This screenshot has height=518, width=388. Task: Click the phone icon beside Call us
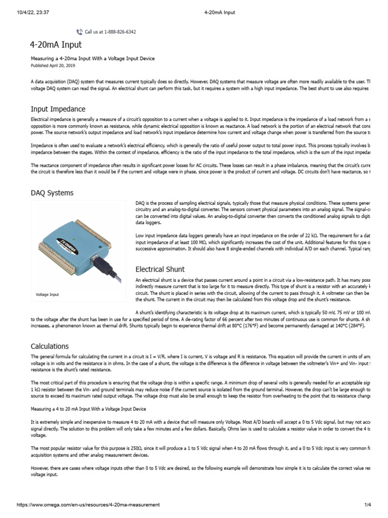pyautogui.click(x=79, y=32)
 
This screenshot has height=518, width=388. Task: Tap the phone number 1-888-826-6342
pyautogui.click(x=120, y=32)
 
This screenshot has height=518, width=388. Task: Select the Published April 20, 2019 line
pyautogui.click(x=53, y=65)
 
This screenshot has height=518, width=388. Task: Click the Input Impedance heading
pyautogui.click(x=58, y=109)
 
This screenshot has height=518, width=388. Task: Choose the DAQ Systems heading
pyautogui.click(x=52, y=193)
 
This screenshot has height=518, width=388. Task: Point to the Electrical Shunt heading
pyautogui.click(x=160, y=269)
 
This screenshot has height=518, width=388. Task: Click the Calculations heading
pyautogui.click(x=50, y=347)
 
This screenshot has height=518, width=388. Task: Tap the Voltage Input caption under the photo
pyautogui.click(x=47, y=294)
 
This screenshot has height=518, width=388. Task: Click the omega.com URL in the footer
pyautogui.click(x=88, y=505)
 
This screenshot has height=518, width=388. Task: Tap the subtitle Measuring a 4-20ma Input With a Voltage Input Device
pyautogui.click(x=92, y=59)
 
